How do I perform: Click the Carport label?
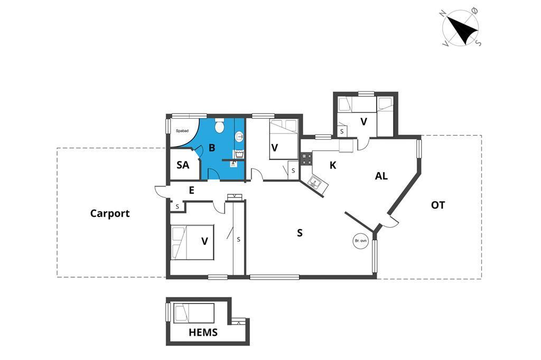[110, 213]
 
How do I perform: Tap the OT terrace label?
[437, 205]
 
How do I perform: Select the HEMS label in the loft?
[203, 333]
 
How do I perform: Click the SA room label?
[183, 165]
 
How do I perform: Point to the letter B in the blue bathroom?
[211, 148]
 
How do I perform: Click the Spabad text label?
[182, 130]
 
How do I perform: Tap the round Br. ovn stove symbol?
[360, 241]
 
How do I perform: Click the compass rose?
[461, 27]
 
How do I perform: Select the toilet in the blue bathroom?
[220, 127]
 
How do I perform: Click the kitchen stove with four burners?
[306, 158]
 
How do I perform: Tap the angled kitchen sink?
[316, 184]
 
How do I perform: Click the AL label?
[381, 176]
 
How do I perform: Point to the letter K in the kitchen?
[333, 165]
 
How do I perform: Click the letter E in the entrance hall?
[191, 191]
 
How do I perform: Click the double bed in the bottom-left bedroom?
[192, 243]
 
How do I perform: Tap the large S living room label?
[300, 232]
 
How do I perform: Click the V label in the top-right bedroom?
[363, 121]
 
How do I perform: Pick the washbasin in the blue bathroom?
[239, 137]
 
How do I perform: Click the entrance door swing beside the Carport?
[161, 191]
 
